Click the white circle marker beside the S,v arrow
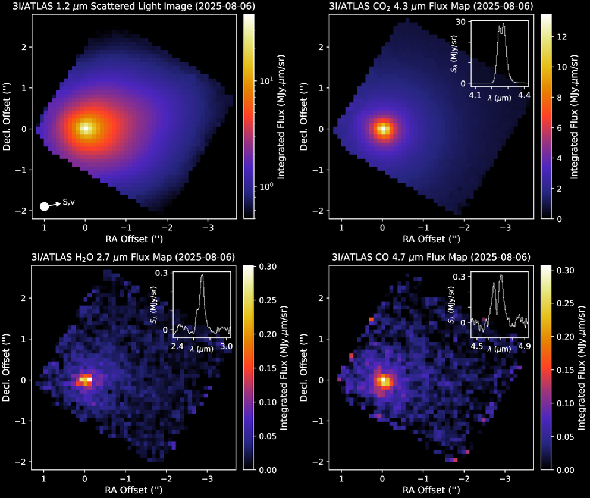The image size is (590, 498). [x=44, y=206]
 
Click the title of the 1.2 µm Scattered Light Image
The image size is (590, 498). [x=134, y=7]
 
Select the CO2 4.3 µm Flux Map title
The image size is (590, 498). [x=431, y=7]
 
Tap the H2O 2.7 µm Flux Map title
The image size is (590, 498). [x=134, y=257]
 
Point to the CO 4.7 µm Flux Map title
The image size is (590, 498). [x=431, y=257]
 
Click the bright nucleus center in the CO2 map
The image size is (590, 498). [x=383, y=129]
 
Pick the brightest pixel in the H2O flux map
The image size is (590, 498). [x=89, y=378]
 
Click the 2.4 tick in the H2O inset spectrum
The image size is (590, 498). [x=177, y=345]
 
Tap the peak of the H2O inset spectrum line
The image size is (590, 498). [x=202, y=275]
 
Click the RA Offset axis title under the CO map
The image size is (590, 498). [x=431, y=490]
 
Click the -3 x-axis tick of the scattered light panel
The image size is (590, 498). [x=208, y=228]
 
